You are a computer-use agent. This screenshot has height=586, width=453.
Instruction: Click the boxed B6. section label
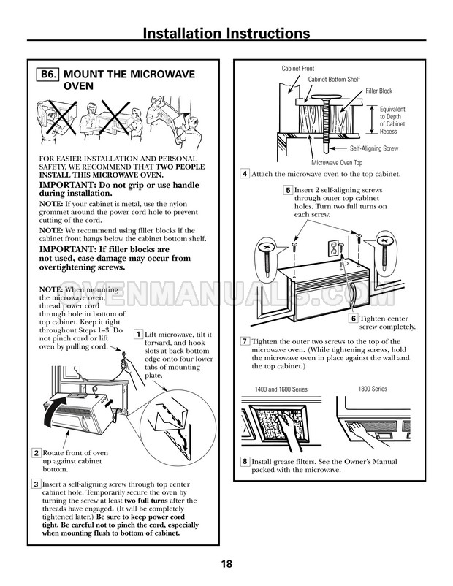[49, 75]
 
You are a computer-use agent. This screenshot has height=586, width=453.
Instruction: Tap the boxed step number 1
[138, 334]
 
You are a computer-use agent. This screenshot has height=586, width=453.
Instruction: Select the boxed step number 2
[36, 454]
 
